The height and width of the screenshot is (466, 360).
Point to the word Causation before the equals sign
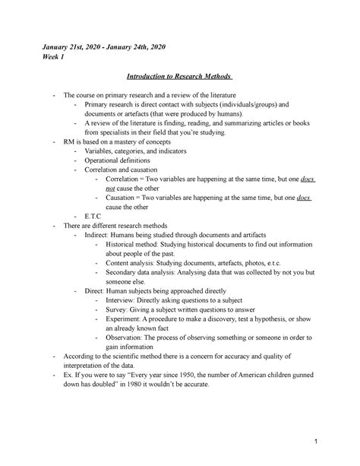123,198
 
